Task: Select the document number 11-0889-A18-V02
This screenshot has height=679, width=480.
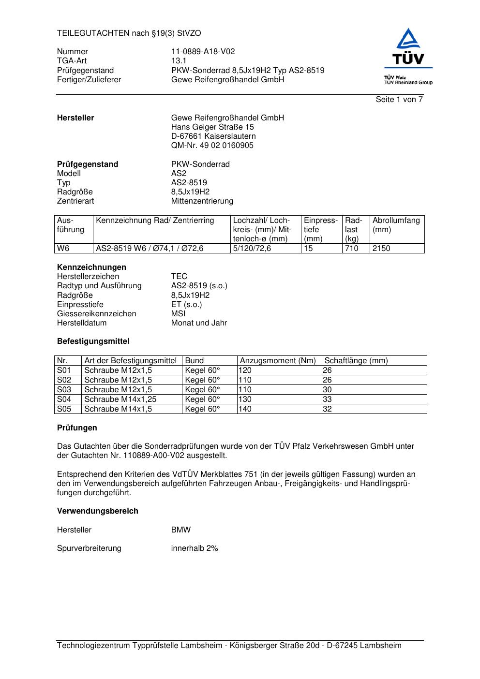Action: [x=203, y=52]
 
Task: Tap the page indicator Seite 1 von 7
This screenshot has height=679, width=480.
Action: [x=399, y=100]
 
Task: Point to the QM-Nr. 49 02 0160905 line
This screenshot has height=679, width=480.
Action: [x=212, y=146]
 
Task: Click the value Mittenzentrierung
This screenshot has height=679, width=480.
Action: [x=202, y=201]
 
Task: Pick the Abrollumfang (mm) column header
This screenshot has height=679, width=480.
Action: [x=396, y=225]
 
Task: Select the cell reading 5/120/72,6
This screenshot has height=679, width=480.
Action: [x=252, y=249]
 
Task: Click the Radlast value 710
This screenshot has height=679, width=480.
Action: [x=351, y=249]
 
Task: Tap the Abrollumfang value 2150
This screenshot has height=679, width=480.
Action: [x=381, y=249]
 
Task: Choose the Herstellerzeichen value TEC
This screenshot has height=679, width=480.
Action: [x=179, y=277]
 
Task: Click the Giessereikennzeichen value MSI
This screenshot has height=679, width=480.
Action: [x=178, y=314]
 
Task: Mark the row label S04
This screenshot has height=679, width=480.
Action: [x=64, y=399]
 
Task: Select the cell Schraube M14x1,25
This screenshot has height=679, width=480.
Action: [x=120, y=399]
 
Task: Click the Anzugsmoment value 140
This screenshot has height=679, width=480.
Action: [x=245, y=409]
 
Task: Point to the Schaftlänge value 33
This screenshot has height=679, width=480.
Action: [x=327, y=399]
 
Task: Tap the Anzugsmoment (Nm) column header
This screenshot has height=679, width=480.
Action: [x=278, y=361]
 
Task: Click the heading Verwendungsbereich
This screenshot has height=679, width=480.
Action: [x=97, y=511]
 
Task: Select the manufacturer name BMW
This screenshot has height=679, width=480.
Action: [x=180, y=530]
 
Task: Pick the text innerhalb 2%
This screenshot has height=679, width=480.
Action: [x=195, y=548]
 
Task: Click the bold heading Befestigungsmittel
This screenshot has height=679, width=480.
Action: [x=93, y=341]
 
